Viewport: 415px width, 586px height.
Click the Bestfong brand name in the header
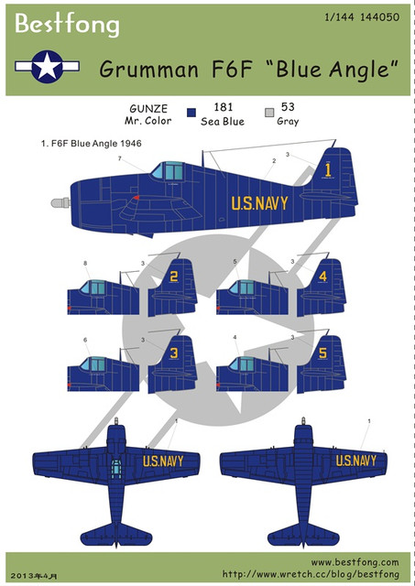67,25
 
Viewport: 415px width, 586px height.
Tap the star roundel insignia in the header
47,67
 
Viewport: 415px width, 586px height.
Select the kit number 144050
379,16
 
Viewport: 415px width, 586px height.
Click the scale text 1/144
339,16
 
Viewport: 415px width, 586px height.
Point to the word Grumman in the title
148,70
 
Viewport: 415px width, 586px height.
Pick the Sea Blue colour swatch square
191,113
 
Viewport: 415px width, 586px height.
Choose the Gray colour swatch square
269,113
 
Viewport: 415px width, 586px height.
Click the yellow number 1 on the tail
328,170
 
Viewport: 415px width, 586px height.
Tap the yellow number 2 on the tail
174,277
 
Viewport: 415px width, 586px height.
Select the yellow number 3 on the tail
174,353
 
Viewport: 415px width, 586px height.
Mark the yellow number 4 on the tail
323,277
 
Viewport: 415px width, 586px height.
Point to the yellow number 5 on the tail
323,353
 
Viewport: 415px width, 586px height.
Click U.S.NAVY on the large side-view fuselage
259,203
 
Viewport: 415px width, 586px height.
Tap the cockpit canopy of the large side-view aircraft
168,171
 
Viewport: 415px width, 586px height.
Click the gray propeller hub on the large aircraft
60,203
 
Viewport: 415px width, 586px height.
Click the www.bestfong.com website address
355,562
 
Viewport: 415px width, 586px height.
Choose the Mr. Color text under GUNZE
148,121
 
